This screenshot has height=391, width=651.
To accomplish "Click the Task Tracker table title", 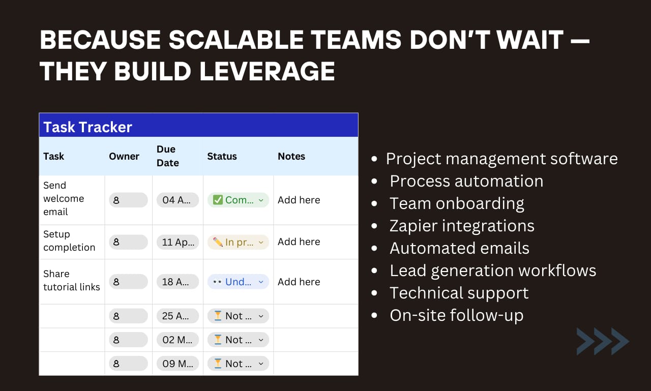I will [87, 127].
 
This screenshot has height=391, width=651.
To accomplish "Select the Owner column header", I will [124, 156].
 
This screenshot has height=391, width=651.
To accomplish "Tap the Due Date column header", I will [167, 156].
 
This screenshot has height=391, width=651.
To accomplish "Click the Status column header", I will [222, 156].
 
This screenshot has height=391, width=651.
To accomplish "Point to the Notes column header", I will [291, 156].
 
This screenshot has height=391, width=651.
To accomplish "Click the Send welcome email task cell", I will [63, 199].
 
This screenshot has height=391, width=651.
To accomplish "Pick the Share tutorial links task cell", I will [71, 281].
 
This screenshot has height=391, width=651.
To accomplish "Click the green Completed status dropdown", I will [238, 200].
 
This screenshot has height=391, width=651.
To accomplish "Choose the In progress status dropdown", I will [238, 242].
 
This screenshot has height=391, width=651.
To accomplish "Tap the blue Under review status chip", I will [238, 282].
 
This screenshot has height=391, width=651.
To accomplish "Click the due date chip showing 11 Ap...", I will [177, 242].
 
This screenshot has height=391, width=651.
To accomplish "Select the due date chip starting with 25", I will [177, 316].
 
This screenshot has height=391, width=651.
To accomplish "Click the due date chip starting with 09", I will [177, 364].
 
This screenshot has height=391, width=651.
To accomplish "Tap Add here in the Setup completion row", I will [299, 242].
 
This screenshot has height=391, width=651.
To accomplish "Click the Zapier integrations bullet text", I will [462, 226].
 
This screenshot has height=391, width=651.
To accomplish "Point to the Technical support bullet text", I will [459, 293].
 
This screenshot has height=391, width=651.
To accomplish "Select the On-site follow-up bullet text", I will [456, 315].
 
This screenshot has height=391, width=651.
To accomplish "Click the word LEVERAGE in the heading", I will [267, 72].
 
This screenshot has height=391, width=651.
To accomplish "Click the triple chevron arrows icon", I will [603, 341].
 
